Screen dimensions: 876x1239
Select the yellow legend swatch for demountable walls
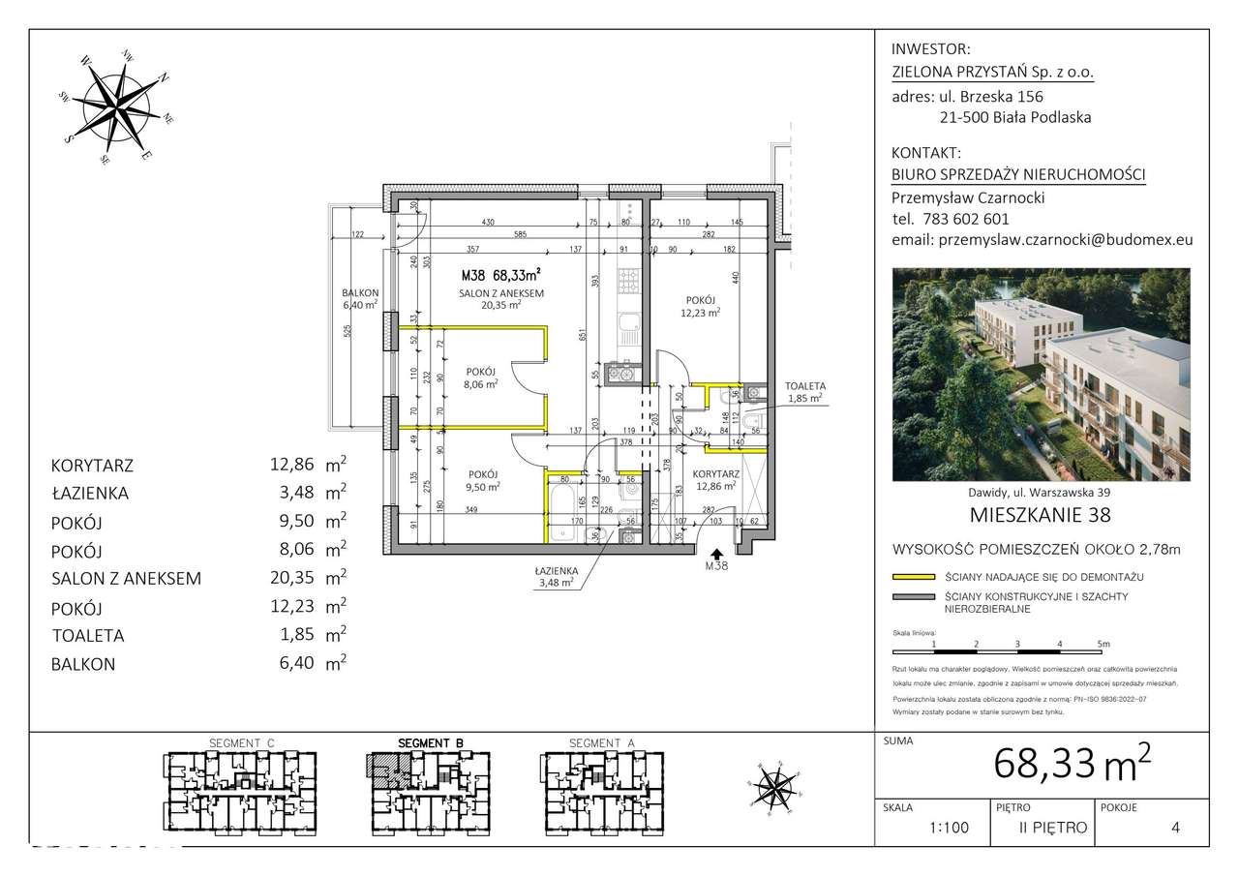912,577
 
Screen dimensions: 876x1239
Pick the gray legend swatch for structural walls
912,597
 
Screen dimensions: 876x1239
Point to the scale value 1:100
948,829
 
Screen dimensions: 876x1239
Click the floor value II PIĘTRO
1052,829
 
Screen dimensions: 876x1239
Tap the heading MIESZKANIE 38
1040,514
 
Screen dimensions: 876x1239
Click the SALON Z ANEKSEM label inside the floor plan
500,293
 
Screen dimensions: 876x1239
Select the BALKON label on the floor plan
359,293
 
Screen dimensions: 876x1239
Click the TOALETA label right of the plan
801,385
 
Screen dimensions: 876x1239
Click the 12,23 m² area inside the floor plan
699,313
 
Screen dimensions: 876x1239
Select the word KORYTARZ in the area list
92,466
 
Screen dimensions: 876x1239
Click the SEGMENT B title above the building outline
431,743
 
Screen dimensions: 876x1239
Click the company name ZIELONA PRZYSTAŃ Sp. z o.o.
993,72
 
